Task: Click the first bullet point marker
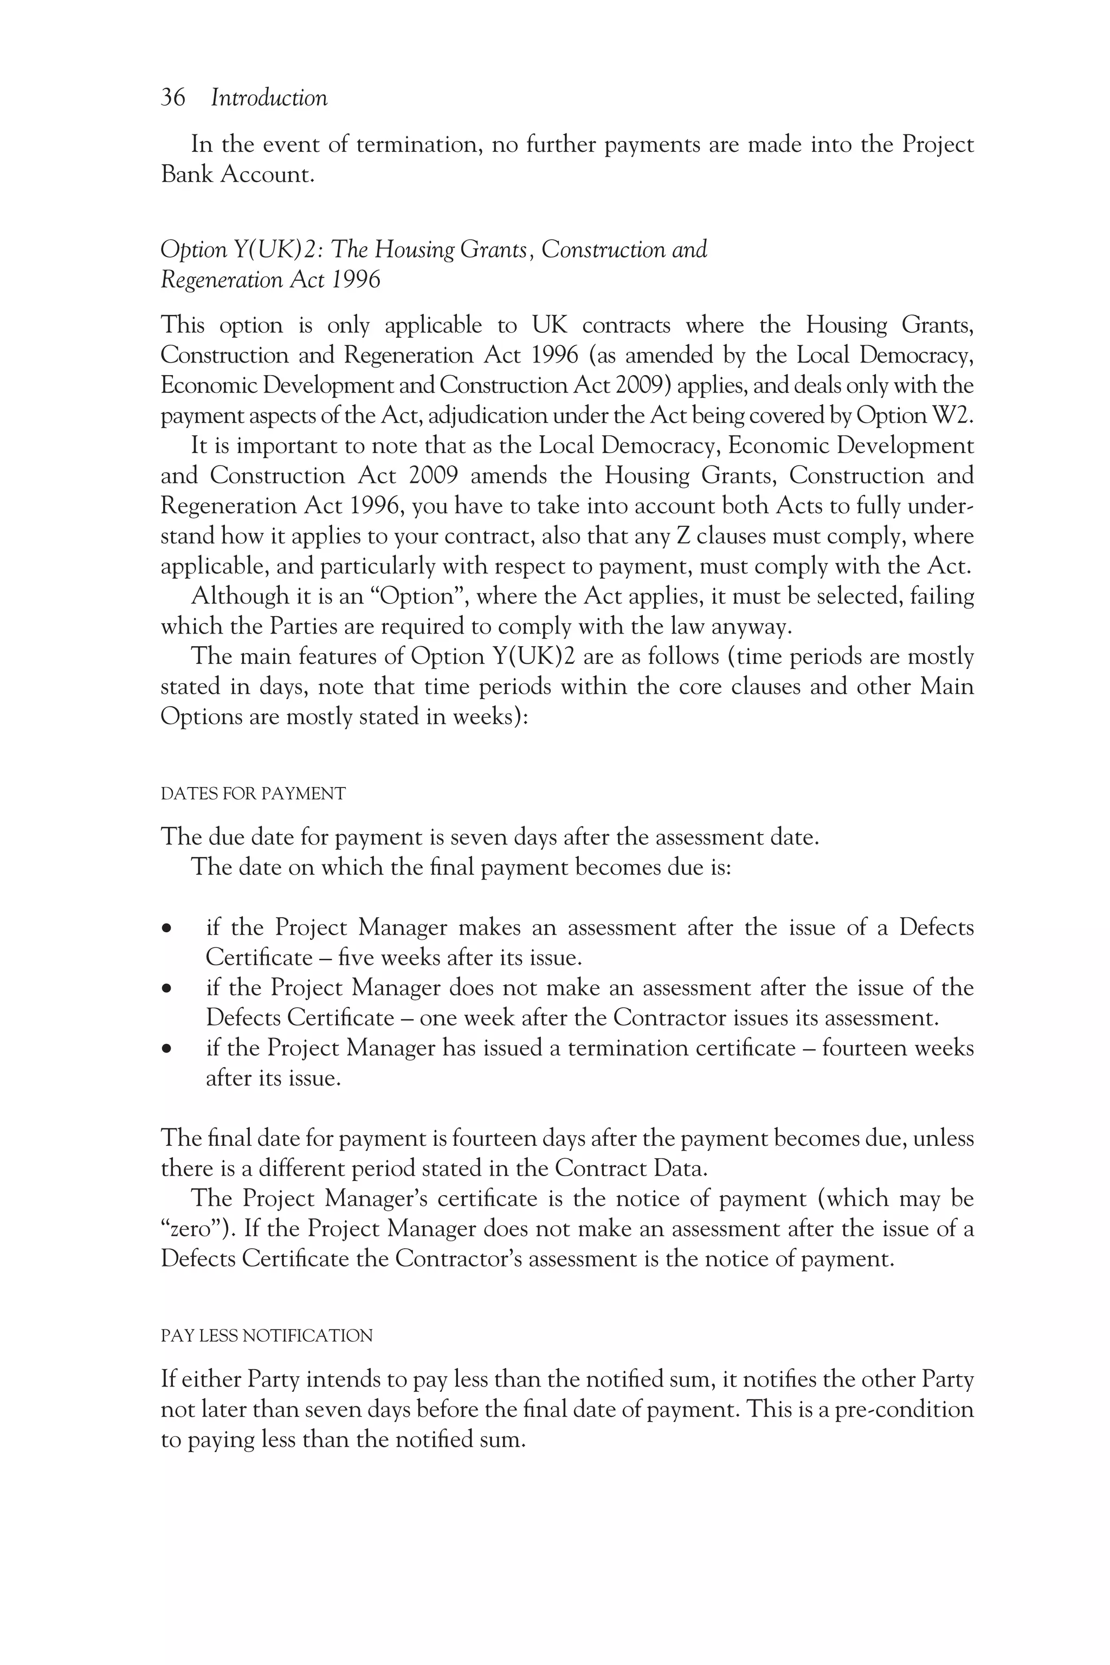[x=167, y=928]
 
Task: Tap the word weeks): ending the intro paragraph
[x=491, y=717]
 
